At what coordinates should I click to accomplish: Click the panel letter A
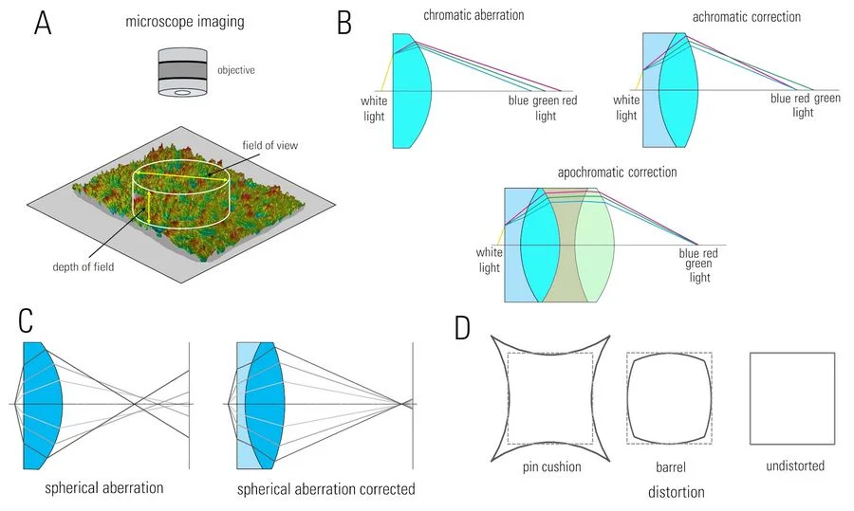coord(43,22)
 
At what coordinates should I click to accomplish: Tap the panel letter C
coord(28,321)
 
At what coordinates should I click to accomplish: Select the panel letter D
coord(462,328)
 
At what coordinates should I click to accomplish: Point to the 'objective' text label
coord(236,70)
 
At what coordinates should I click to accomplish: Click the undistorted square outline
coord(792,398)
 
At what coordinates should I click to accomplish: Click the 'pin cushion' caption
coord(552,467)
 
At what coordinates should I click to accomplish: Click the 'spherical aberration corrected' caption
coord(325,489)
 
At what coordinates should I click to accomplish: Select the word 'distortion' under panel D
coord(676,492)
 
